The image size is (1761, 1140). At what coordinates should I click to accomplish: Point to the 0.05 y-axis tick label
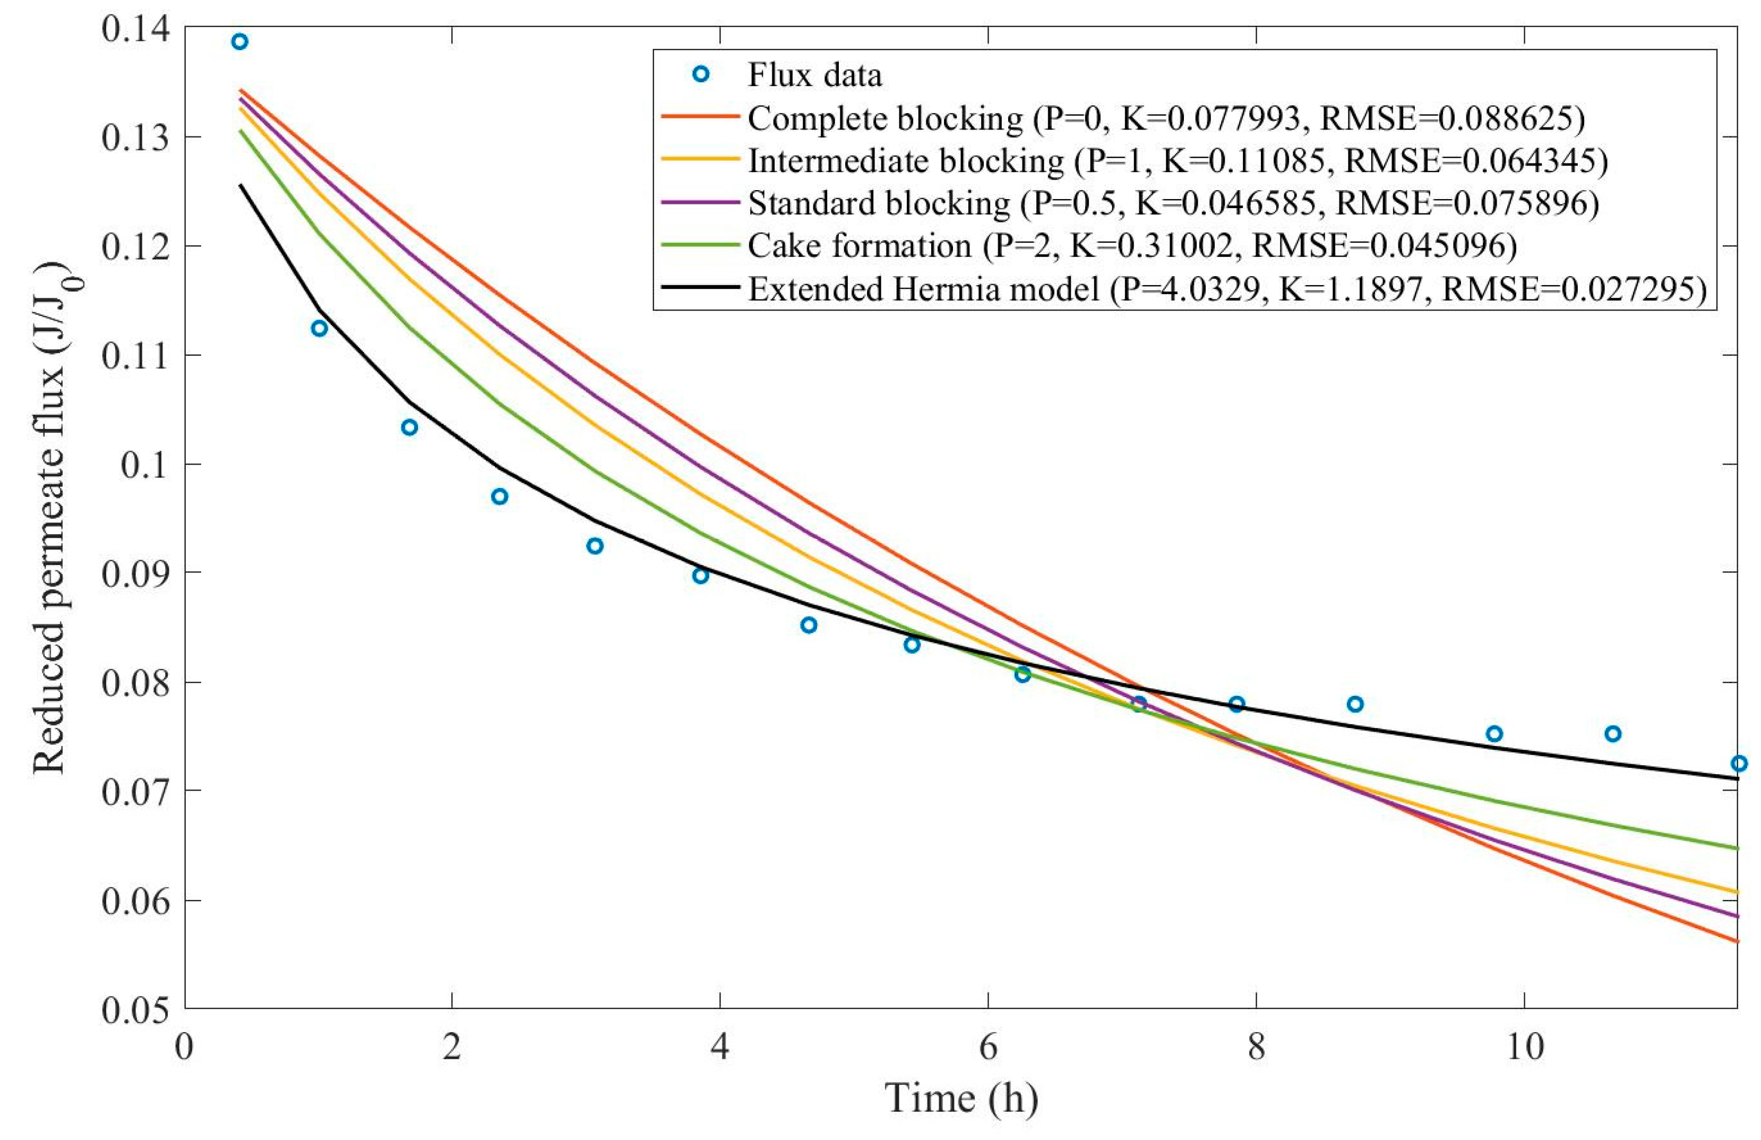(135, 1009)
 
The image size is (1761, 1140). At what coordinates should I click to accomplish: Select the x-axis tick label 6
(988, 1047)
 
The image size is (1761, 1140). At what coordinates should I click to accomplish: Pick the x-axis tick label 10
(1524, 1047)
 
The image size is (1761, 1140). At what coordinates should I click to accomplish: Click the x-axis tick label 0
(184, 1047)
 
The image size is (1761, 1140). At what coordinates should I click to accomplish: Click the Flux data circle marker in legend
(700, 74)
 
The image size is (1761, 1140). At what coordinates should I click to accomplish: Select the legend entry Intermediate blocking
(906, 160)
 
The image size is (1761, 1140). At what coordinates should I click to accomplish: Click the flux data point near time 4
(700, 576)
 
